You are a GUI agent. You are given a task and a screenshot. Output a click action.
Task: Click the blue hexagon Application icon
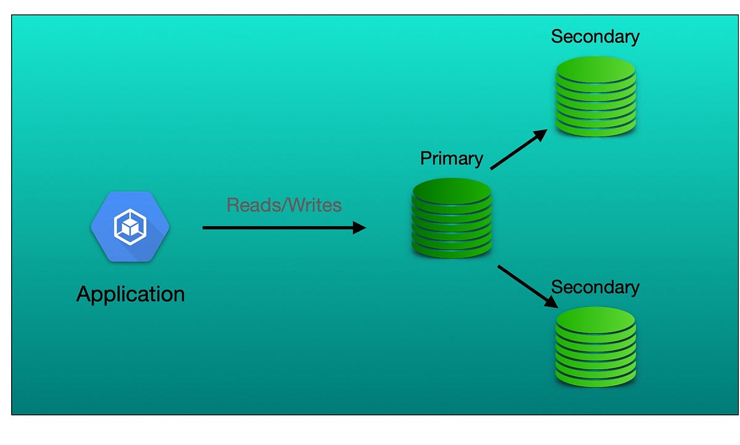130,227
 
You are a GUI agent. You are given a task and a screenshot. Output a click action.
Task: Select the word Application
130,294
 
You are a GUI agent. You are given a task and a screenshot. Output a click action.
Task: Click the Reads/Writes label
284,205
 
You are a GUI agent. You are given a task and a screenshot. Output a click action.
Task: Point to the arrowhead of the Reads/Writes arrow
360,228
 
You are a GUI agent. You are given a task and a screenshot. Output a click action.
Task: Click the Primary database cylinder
451,218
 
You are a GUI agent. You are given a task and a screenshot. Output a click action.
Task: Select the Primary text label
451,159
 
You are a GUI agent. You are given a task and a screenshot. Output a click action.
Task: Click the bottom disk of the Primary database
451,249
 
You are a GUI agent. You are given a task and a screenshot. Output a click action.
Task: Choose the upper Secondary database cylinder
595,97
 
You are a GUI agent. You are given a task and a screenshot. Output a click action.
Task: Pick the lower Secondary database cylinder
595,347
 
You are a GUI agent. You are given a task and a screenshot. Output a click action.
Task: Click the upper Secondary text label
595,36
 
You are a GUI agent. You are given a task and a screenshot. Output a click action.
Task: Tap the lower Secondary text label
595,287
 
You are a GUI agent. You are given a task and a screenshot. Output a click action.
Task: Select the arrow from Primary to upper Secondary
518,149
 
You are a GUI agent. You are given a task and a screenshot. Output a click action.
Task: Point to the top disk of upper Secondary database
595,68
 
